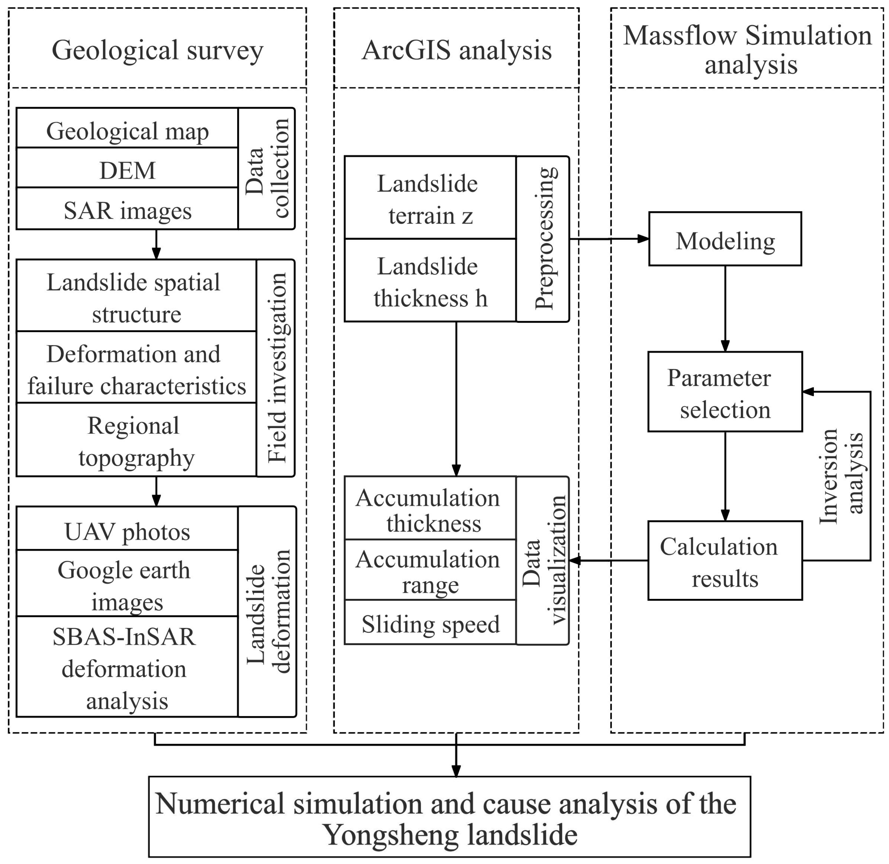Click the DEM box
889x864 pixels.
click(128, 171)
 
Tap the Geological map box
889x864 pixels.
click(128, 131)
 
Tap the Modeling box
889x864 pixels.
click(725, 240)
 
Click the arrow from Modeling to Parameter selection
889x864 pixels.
click(725, 309)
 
